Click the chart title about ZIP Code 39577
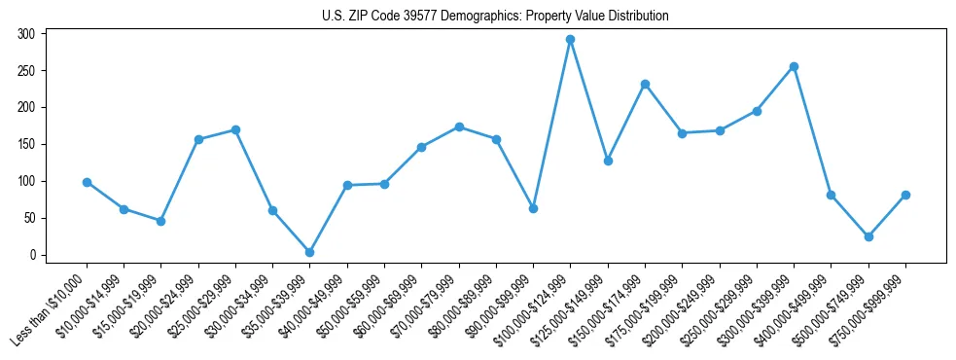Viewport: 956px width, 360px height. (x=495, y=17)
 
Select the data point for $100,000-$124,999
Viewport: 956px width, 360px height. (x=570, y=40)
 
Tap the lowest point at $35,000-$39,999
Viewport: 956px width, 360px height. (x=309, y=252)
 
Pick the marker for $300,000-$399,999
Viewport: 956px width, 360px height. (x=794, y=66)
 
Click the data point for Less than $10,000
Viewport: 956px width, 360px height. (x=87, y=182)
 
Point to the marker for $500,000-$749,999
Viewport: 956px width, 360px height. (x=868, y=236)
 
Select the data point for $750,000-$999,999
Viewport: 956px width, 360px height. (x=905, y=195)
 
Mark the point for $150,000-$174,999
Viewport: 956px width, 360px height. (x=645, y=84)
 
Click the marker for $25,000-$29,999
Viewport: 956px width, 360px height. (x=235, y=129)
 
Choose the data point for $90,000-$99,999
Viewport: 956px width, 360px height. (x=533, y=208)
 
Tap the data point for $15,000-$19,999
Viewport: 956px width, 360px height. (x=160, y=221)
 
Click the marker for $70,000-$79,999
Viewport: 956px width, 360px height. (x=459, y=126)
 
